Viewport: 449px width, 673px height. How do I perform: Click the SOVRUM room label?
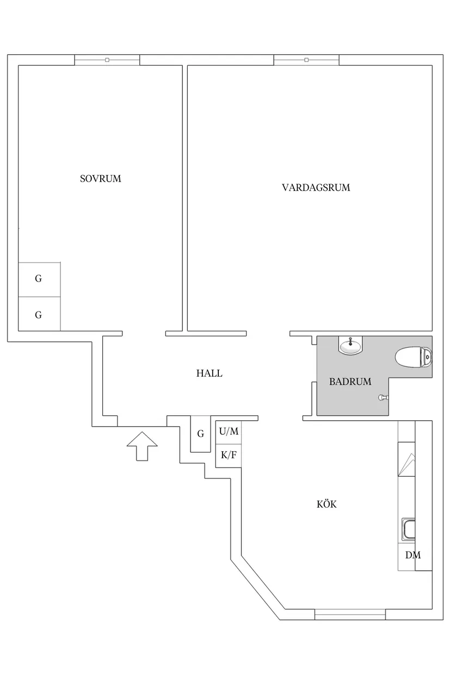100,178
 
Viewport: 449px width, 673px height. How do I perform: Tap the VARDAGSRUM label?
316,188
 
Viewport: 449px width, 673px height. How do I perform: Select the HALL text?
210,373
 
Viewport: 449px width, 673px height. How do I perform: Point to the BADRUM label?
350,382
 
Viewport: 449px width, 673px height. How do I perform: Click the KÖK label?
327,504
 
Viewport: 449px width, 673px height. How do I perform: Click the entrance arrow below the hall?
142,446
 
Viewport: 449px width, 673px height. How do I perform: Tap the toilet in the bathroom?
414,358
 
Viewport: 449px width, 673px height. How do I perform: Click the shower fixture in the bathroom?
383,397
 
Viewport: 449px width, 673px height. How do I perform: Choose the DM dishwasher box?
413,556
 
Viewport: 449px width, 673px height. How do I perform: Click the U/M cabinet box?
229,432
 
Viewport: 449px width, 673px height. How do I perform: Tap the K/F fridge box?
228,455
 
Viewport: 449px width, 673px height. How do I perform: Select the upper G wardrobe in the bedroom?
39,279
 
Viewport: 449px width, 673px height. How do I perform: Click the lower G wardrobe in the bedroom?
39,314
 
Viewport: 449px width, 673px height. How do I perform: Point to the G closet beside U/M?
200,434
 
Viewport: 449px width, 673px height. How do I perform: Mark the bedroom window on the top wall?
107,60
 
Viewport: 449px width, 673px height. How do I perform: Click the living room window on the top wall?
306,60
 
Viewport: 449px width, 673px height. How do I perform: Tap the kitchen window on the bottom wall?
350,614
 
